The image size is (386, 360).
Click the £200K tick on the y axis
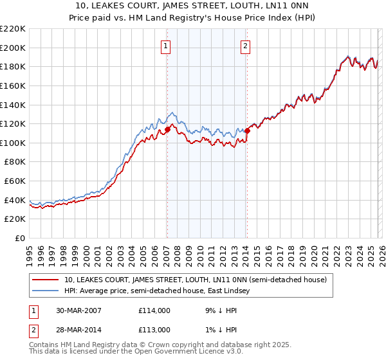point(13,48)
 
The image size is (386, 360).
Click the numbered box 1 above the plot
point(166,46)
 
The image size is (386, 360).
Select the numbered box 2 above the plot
point(246,46)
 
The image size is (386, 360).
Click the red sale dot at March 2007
point(167,129)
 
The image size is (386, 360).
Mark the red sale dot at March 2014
point(247,130)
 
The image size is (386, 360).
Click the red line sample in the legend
point(46,280)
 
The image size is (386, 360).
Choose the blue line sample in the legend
point(46,291)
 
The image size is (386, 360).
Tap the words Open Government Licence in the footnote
point(169,353)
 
